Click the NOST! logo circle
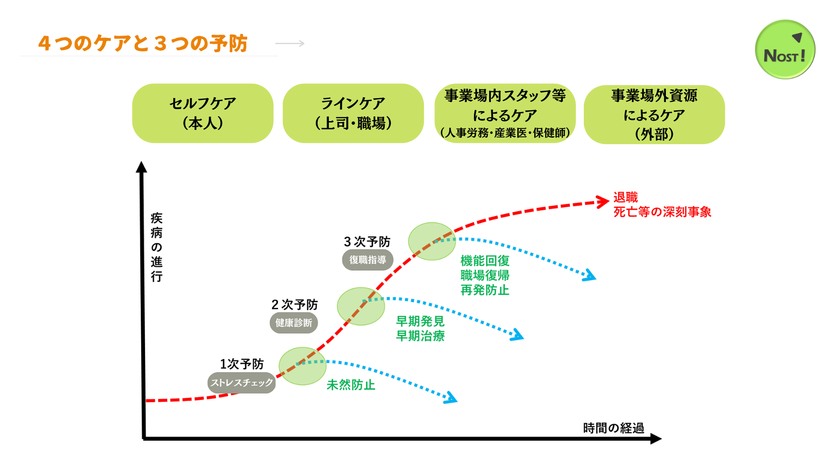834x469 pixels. pos(785,50)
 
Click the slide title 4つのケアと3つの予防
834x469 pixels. pos(143,43)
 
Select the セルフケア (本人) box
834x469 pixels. pos(203,113)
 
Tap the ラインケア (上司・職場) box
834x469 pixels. pos(353,113)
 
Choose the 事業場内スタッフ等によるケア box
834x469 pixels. pos(505,113)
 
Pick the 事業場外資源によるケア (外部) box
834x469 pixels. pos(654,115)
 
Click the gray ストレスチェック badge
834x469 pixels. pos(242,383)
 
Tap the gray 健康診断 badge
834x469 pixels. pos(294,323)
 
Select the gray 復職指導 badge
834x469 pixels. pos(367,260)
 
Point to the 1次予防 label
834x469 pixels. pos(242,364)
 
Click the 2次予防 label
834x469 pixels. pos(295,304)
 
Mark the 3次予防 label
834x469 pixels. pos(367,241)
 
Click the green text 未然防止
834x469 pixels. pos(351,385)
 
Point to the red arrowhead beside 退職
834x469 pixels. pos(603,201)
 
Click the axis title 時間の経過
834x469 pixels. pos(613,428)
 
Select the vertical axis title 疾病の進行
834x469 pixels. pos(156,247)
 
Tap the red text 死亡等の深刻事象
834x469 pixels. pos(662,212)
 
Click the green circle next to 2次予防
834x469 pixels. pos(361,306)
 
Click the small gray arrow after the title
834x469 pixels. pos(290,43)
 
